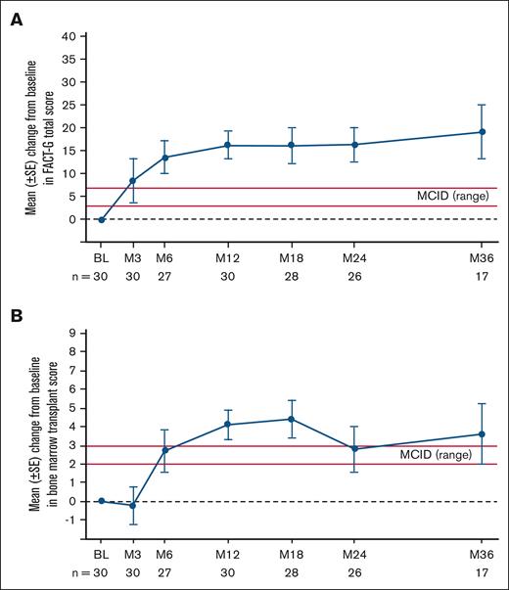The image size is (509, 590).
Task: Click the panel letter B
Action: click(x=16, y=316)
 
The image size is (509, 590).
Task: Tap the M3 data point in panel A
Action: click(x=133, y=181)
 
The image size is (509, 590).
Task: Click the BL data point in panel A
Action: click(x=101, y=219)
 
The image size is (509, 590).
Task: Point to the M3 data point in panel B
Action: click(x=133, y=505)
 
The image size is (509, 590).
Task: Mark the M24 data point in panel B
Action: click(x=353, y=449)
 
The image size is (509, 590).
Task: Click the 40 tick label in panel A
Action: click(x=69, y=36)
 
